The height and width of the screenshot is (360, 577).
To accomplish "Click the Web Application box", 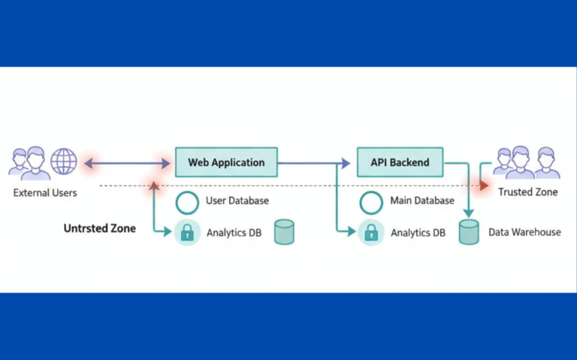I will [x=226, y=162].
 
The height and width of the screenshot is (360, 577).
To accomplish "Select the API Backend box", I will [x=400, y=162].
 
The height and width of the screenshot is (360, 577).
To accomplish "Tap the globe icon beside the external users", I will [x=64, y=162].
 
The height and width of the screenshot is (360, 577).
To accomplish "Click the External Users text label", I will [x=45, y=193].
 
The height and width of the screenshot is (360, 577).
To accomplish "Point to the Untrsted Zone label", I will [x=99, y=228].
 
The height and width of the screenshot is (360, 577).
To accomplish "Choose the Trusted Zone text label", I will [x=527, y=192].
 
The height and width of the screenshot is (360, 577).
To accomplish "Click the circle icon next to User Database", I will [x=186, y=202].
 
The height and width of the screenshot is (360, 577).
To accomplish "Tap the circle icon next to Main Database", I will [x=370, y=202].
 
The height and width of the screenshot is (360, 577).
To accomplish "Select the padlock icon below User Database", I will [x=186, y=232].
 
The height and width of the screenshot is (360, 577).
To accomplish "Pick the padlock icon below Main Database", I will [x=370, y=232].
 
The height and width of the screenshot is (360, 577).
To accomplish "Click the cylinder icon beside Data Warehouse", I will [x=469, y=232].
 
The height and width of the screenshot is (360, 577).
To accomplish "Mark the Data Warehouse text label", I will [x=524, y=232].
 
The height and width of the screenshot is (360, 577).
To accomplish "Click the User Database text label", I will [x=237, y=201].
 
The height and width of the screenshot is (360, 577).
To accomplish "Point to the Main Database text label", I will [x=422, y=201].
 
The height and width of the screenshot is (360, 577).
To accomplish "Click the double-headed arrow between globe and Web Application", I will [x=128, y=162].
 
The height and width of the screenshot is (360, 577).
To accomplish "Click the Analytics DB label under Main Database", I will [x=418, y=233].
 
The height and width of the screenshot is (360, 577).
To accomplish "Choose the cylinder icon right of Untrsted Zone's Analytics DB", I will [x=283, y=232].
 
